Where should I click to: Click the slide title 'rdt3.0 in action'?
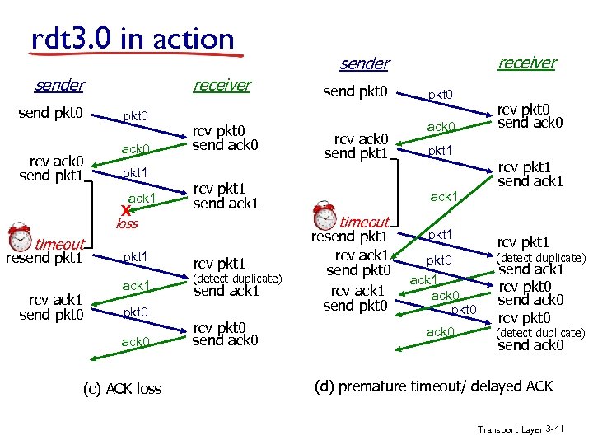133,38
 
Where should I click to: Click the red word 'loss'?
127,223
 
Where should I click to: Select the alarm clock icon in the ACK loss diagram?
19,237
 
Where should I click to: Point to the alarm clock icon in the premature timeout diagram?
325,215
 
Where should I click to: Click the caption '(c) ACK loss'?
124,388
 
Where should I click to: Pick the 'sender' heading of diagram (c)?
59,85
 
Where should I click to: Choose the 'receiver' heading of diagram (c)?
222,85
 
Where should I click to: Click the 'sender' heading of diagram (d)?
364,63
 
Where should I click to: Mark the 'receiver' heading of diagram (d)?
527,63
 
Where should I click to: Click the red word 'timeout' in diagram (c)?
59,244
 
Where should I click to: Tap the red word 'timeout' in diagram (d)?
364,222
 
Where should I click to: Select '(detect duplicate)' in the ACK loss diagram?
237,279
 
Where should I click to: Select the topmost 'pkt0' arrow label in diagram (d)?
439,95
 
